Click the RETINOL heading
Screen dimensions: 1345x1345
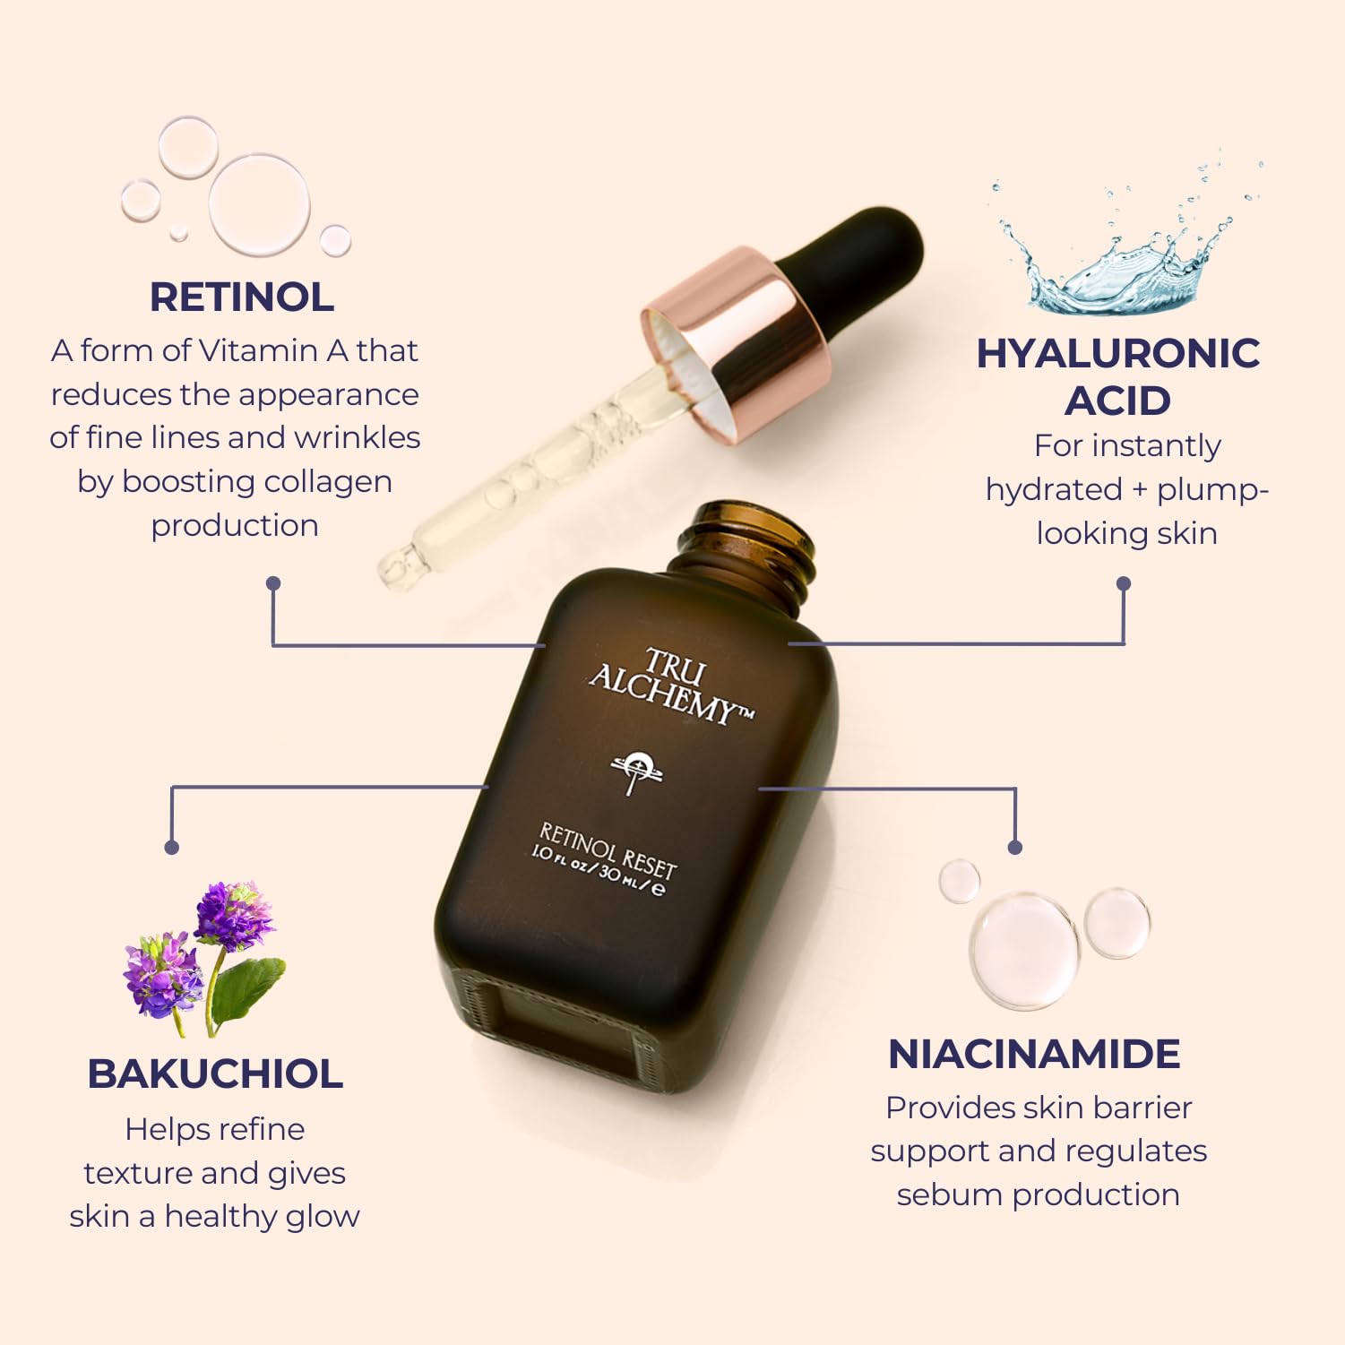point(241,297)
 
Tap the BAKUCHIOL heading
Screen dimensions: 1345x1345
point(215,1073)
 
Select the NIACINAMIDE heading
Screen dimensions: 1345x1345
point(1034,1054)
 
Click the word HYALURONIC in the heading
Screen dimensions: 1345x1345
point(1117,353)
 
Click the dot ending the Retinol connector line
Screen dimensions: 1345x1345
point(273,583)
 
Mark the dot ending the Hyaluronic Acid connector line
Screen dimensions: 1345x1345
point(1124,584)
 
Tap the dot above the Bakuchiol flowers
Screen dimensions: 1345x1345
point(172,847)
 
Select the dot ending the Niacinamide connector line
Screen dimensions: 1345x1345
point(1015,847)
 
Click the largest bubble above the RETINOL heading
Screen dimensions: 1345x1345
point(259,205)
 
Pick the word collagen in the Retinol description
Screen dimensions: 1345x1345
point(326,482)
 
